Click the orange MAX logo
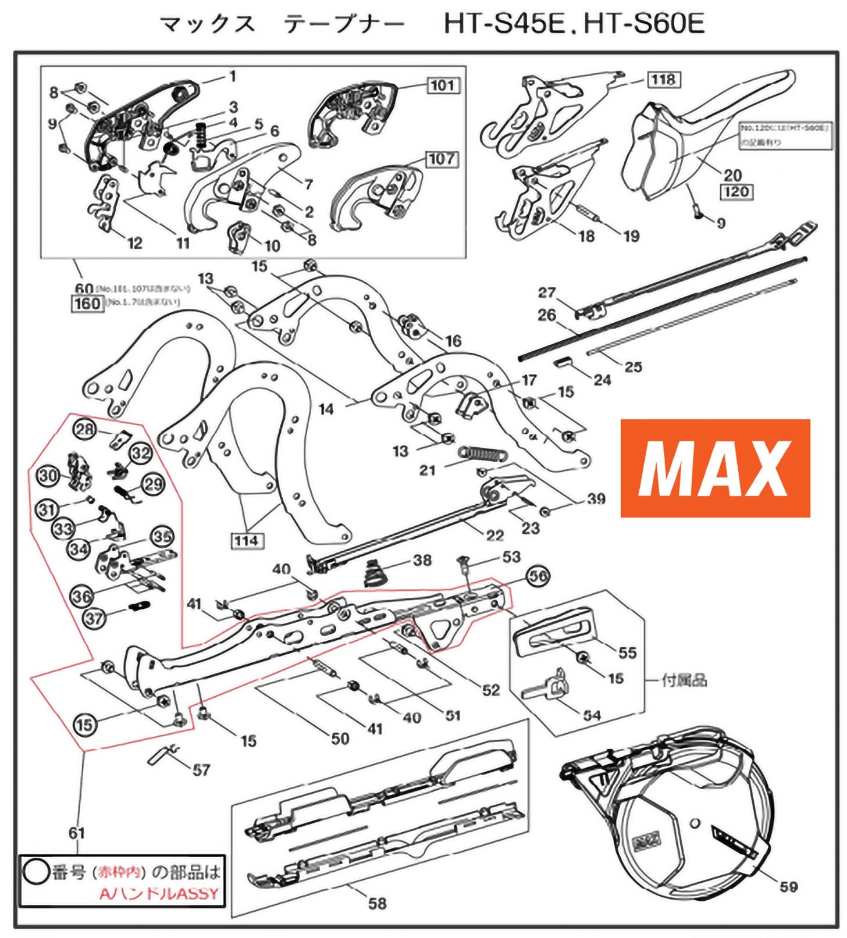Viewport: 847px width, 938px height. [x=715, y=468]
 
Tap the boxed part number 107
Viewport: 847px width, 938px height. [x=442, y=159]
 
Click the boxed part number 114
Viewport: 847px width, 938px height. [x=246, y=541]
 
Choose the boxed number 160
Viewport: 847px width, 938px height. [x=87, y=303]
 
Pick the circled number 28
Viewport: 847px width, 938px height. [x=84, y=430]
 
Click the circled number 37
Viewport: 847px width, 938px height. [x=94, y=619]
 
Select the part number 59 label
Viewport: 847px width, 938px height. [x=789, y=887]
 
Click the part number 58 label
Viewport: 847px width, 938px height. [x=377, y=903]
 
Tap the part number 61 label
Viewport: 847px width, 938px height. [x=77, y=833]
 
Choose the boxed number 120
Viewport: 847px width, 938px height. [x=736, y=191]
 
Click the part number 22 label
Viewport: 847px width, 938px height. [x=494, y=534]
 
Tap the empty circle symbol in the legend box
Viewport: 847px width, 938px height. [x=35, y=872]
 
